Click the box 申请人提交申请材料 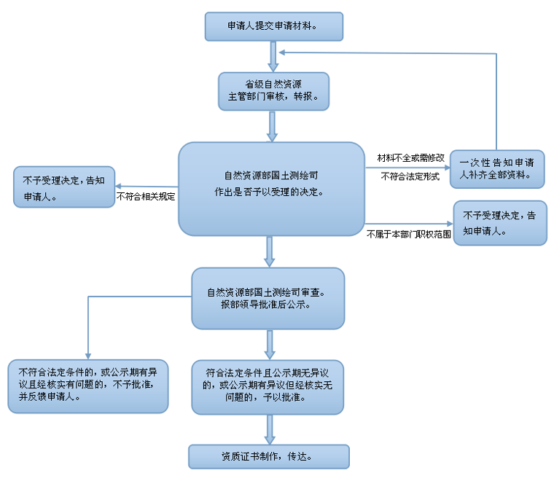(x=273, y=26)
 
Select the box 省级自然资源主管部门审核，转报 (x=273, y=90)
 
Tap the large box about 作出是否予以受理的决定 (x=271, y=188)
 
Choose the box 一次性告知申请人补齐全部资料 (x=497, y=169)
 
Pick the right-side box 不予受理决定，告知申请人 (x=499, y=222)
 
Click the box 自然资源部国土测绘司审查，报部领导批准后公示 (x=268, y=298)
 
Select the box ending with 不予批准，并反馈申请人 (x=88, y=385)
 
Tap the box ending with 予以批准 (x=268, y=386)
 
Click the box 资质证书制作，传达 (x=268, y=456)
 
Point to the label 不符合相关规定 (x=147, y=197)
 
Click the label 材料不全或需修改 (x=410, y=157)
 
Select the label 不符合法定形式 (x=410, y=176)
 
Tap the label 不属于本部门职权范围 (x=409, y=234)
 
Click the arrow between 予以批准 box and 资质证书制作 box (x=270, y=429)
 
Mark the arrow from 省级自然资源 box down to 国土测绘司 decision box (x=273, y=125)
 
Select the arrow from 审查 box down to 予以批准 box (x=270, y=343)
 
